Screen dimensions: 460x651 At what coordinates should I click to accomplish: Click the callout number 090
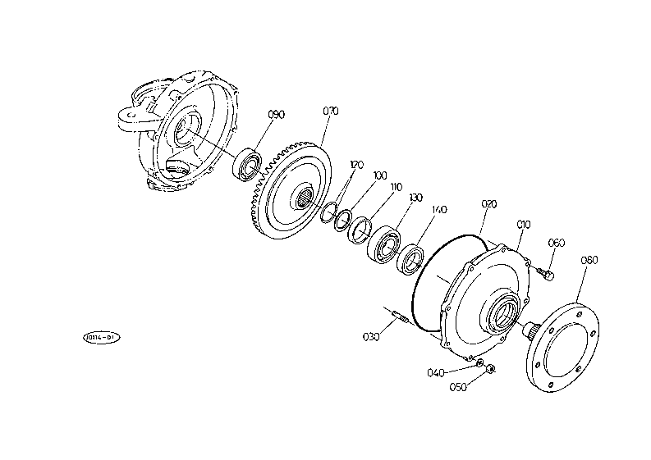(x=277, y=115)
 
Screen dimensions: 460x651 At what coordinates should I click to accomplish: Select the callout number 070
(x=330, y=110)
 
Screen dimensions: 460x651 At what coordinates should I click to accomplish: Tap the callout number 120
(x=356, y=165)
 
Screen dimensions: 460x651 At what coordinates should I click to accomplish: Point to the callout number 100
(x=379, y=175)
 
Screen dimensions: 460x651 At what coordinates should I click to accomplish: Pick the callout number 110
(x=397, y=187)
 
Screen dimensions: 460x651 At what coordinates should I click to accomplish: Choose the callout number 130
(x=416, y=198)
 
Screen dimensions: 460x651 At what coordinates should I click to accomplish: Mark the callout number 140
(x=439, y=210)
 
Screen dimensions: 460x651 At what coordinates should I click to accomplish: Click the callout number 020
(x=489, y=203)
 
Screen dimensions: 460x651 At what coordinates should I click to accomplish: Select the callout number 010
(x=524, y=223)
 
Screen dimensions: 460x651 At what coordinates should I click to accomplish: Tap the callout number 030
(x=370, y=336)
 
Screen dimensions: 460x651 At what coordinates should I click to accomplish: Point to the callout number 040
(x=436, y=372)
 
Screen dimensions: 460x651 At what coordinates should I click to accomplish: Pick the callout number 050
(x=459, y=386)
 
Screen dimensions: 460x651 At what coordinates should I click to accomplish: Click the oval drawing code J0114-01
(x=101, y=336)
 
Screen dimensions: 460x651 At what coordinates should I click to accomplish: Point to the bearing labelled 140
(x=410, y=258)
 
